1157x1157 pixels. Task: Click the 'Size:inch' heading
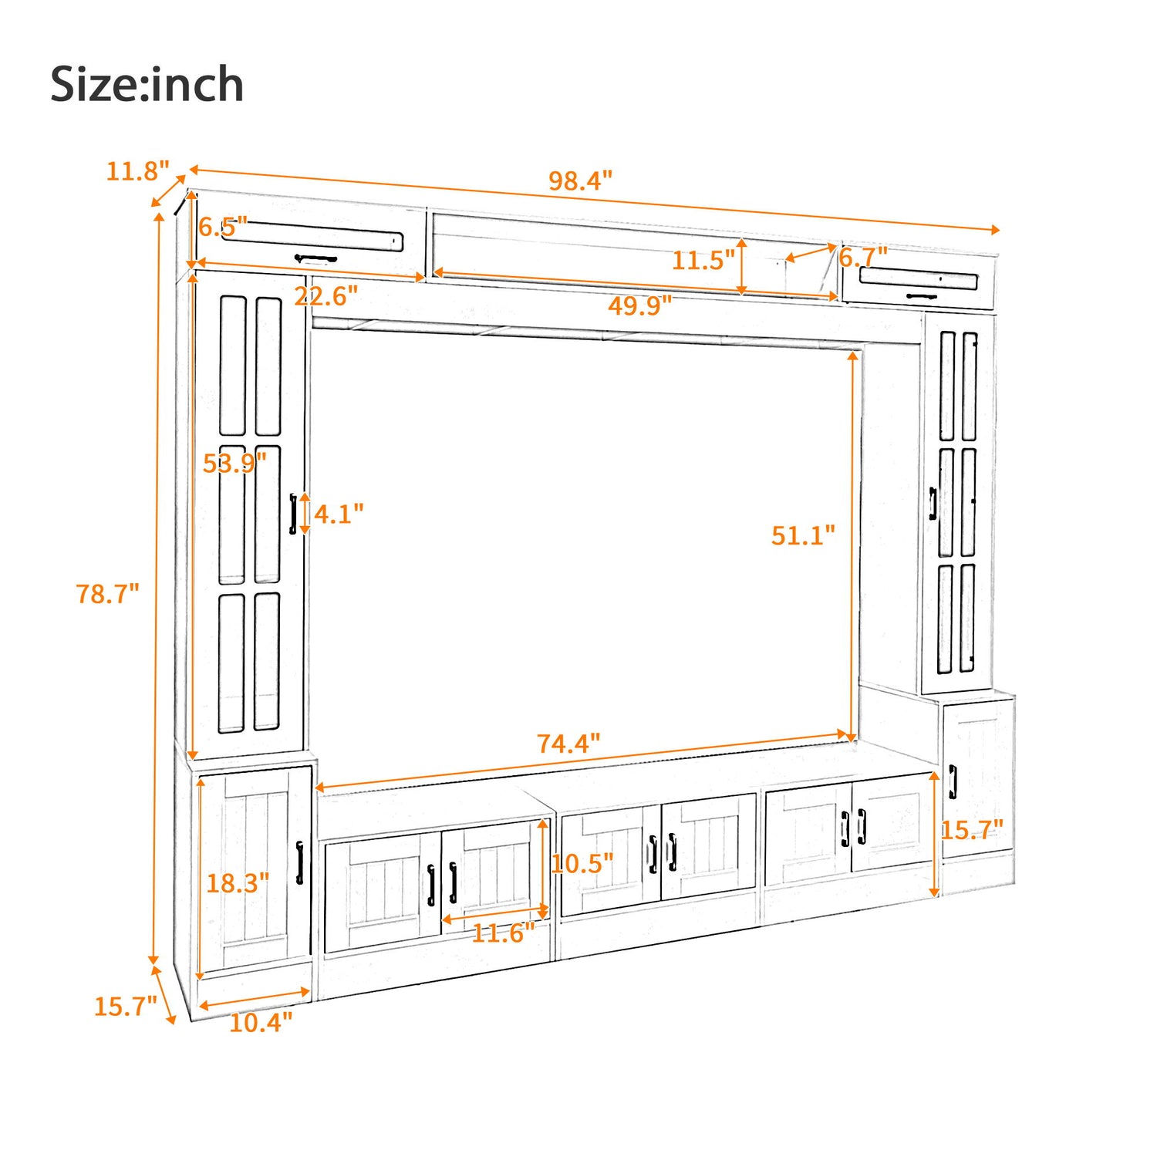point(147,84)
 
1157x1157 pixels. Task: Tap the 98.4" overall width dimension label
point(580,181)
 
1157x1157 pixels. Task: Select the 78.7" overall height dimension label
point(107,594)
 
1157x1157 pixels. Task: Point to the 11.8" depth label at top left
point(137,171)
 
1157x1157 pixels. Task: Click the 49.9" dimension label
point(639,306)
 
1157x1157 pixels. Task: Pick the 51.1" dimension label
point(803,535)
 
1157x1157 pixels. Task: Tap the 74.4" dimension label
point(568,744)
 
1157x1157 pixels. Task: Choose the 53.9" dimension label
point(234,463)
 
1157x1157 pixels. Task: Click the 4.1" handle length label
point(339,514)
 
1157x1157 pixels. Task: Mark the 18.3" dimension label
point(238,883)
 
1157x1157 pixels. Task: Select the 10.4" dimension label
point(261,1023)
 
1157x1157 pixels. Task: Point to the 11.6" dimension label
point(503,933)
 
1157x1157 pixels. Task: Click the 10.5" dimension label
point(582,863)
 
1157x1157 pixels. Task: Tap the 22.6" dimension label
point(326,295)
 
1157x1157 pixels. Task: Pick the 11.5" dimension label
point(703,261)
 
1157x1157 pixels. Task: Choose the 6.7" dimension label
point(863,257)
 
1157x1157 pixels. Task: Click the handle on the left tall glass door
point(293,514)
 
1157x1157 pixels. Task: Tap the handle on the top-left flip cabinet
point(315,258)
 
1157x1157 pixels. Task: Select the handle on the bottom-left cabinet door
point(300,862)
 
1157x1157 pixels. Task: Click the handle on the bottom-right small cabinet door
point(953,781)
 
